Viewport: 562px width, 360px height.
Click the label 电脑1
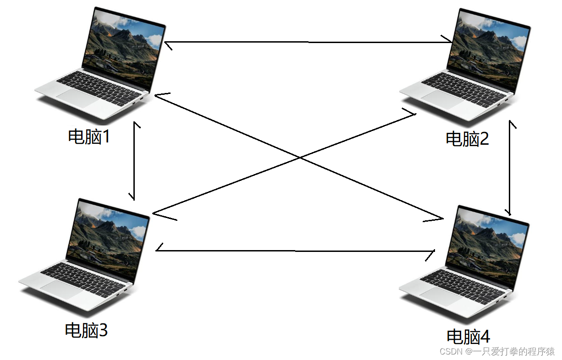pyautogui.click(x=89, y=136)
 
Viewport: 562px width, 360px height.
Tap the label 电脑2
pyautogui.click(x=468, y=138)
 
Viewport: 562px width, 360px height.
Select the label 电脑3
pyautogui.click(x=87, y=330)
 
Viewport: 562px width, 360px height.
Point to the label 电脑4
pyautogui.click(x=468, y=337)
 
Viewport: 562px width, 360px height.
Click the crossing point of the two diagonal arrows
pyautogui.click(x=300, y=157)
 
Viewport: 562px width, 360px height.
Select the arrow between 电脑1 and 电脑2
pyautogui.click(x=307, y=42)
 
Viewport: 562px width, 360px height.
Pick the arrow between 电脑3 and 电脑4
pyautogui.click(x=296, y=251)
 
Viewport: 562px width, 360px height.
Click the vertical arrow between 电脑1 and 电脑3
pyautogui.click(x=134, y=161)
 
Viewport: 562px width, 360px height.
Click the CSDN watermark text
pyautogui.click(x=497, y=351)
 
